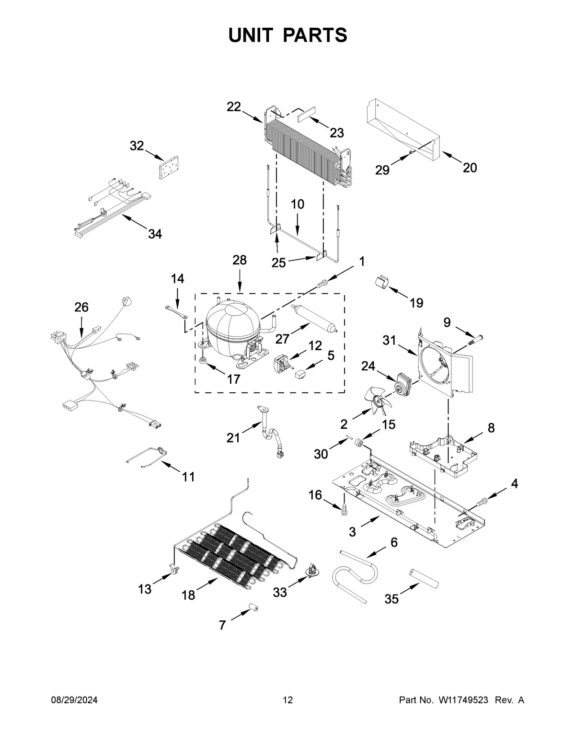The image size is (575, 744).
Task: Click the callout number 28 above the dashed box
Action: (x=240, y=260)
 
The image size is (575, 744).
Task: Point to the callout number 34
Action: (x=155, y=234)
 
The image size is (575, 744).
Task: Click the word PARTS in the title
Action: (x=315, y=35)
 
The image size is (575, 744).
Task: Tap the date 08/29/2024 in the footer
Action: (x=74, y=700)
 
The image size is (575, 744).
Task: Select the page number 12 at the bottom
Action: (x=287, y=700)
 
